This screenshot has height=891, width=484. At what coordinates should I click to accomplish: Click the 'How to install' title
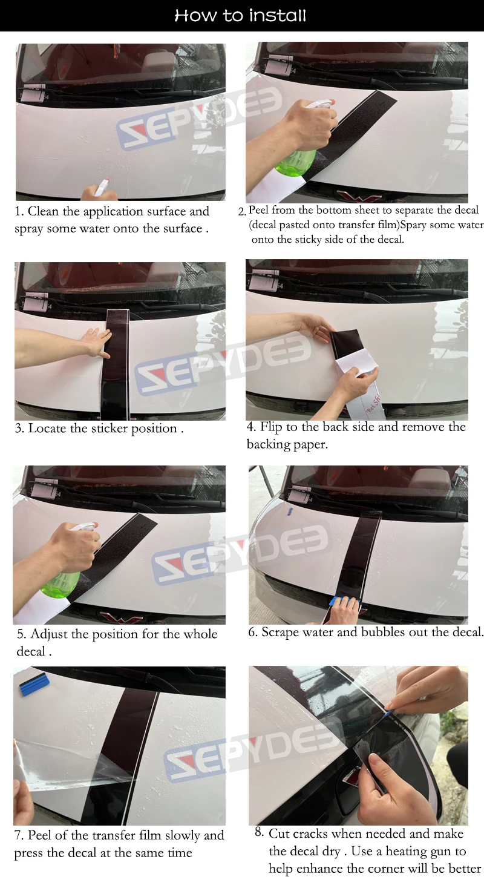[x=241, y=16]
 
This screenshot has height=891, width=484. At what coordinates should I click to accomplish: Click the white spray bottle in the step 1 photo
[x=102, y=188]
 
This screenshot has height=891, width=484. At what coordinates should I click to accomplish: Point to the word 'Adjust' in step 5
[x=49, y=634]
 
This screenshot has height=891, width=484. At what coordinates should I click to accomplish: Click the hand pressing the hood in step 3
[x=96, y=342]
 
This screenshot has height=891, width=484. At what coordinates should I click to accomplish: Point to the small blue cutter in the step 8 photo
[x=390, y=714]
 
